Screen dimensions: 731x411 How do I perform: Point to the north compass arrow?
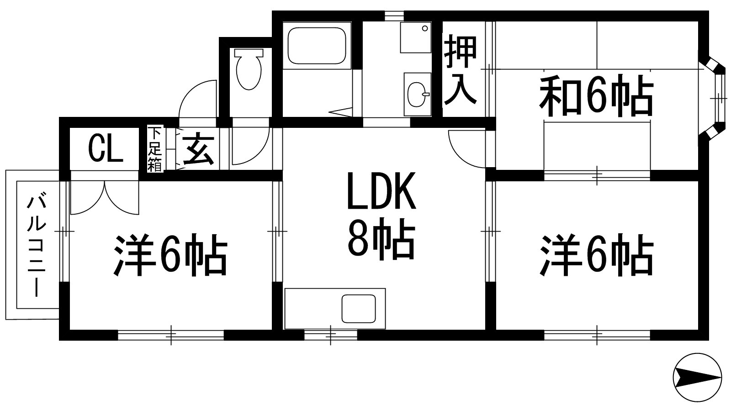697,377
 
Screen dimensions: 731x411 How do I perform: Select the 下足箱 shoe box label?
155,149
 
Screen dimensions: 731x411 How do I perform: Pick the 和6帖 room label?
596,97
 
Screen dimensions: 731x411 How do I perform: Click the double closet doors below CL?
105,197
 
